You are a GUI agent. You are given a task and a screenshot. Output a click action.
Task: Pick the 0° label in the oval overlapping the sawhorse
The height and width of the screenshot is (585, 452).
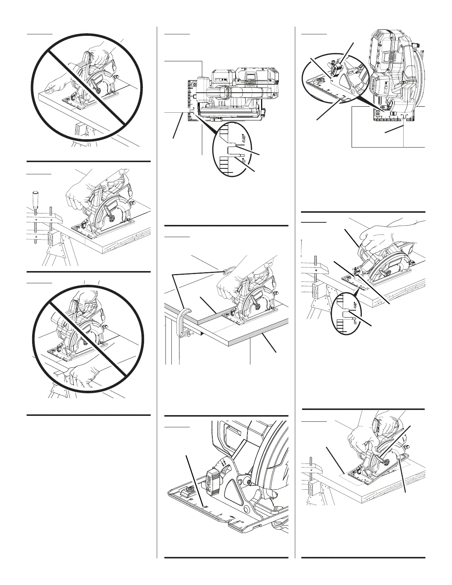[x=355, y=322]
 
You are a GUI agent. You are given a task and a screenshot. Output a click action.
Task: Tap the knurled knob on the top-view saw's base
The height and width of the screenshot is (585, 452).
[x=264, y=112]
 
